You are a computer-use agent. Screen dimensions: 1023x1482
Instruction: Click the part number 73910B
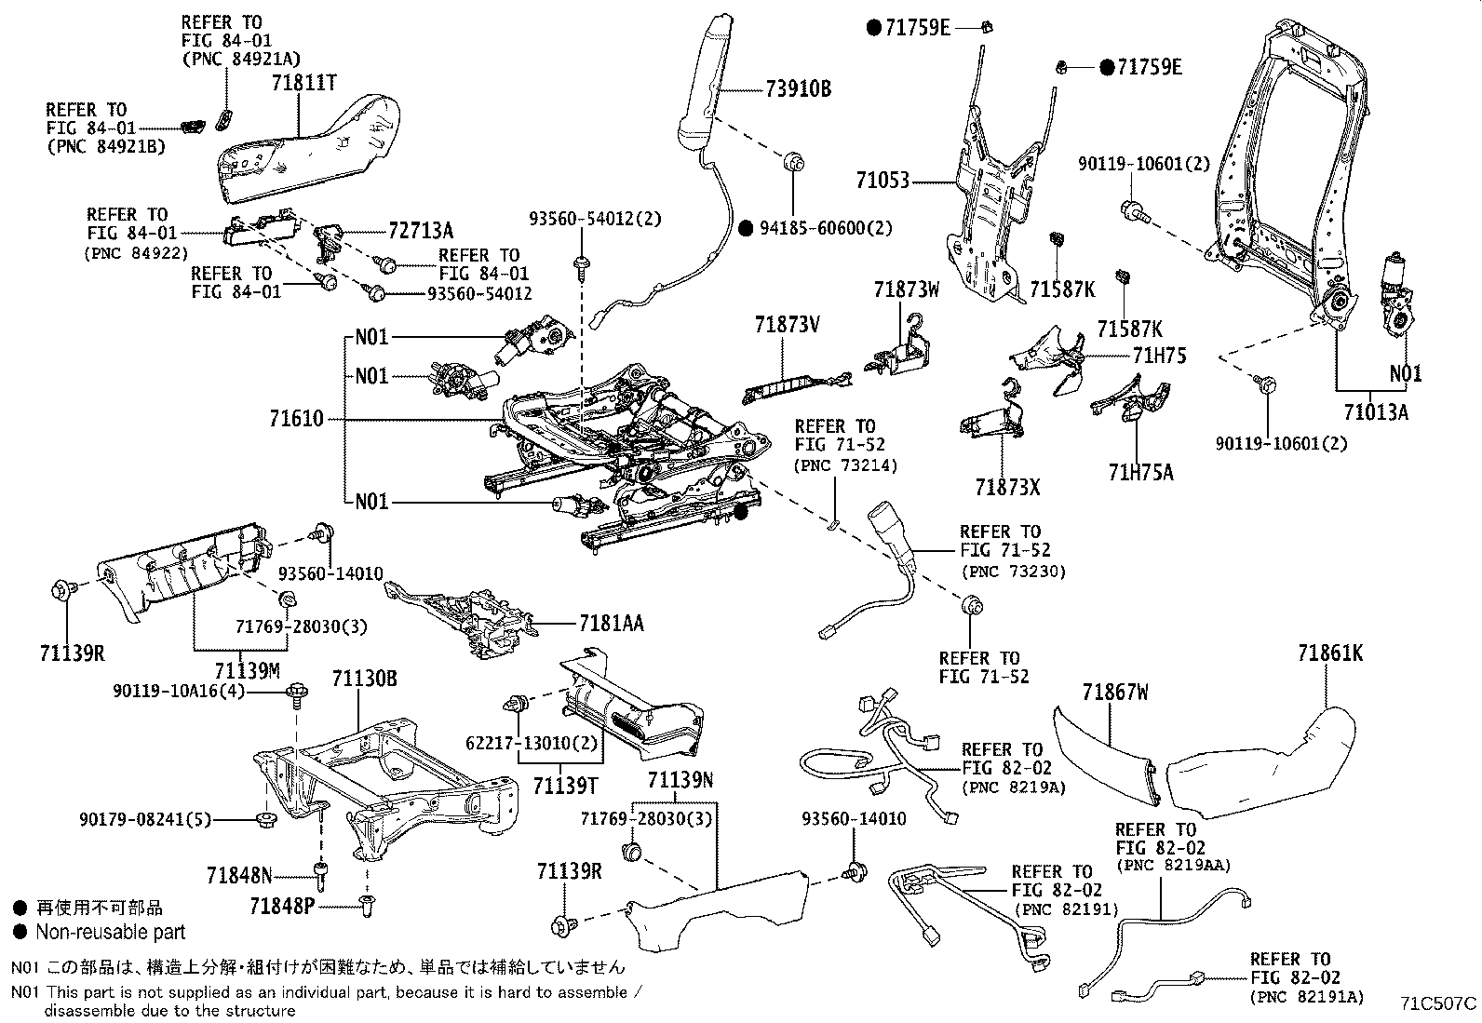coord(799,89)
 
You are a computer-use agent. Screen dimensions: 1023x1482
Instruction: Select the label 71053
coord(882,181)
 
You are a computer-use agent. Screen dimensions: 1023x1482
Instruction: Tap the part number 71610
coord(297,419)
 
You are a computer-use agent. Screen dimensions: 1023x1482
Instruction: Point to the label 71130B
coord(364,680)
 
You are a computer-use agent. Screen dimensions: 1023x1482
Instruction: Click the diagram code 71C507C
coord(1439,1003)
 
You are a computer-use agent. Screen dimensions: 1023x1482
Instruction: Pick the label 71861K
coord(1330,654)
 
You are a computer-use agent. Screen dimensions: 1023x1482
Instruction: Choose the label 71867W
coord(1114,693)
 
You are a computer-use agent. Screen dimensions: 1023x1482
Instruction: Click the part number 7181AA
coord(611,623)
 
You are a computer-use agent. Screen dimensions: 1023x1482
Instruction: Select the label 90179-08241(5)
coord(146,820)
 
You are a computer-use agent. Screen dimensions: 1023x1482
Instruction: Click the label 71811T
coord(303,83)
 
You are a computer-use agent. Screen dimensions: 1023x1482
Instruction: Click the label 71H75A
coord(1140,473)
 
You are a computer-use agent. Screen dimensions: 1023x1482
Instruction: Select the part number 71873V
coord(787,325)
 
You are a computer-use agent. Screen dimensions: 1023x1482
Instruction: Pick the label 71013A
coord(1376,411)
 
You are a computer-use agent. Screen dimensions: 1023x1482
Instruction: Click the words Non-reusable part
coord(110,932)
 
